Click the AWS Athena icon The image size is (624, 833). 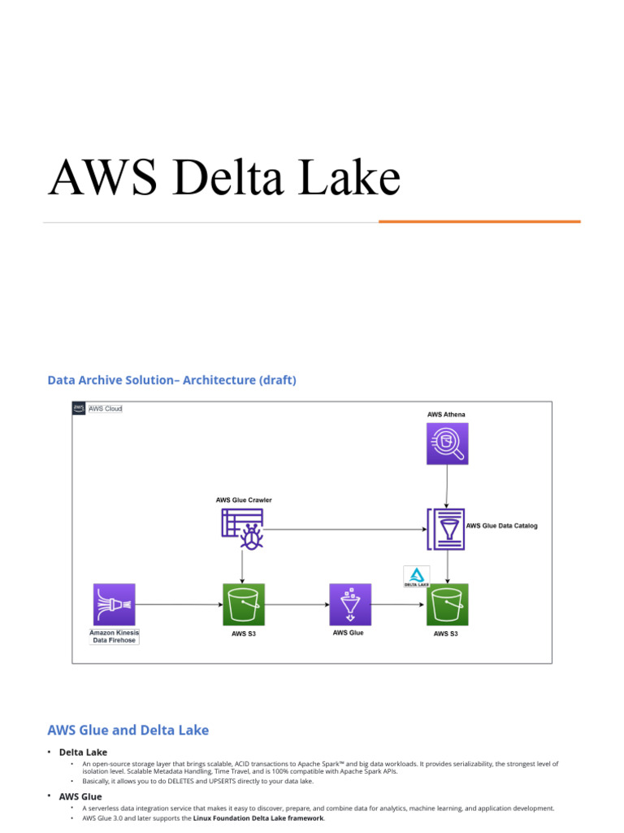point(447,444)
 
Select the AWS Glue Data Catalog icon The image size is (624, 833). point(445,527)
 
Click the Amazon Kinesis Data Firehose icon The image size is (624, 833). point(113,604)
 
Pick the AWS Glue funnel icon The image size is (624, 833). point(349,604)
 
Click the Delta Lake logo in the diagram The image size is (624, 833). point(417,577)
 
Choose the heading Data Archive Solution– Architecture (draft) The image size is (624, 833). point(171,380)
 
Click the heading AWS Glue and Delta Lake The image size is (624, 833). point(128,730)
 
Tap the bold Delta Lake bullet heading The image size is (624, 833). point(83,752)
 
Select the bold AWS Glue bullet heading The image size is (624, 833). point(80,796)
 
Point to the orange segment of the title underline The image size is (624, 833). point(479,221)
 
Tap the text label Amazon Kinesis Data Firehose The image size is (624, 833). point(114,636)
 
